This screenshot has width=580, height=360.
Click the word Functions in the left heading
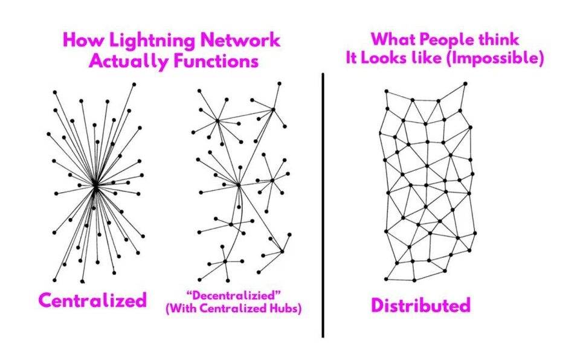(211, 62)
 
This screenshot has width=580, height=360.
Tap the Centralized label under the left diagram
(92, 300)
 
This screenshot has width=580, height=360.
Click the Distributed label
(420, 305)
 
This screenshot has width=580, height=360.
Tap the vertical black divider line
(323, 205)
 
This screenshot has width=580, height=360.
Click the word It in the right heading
(356, 59)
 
